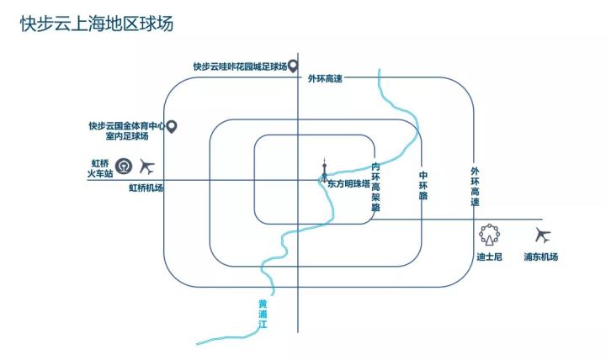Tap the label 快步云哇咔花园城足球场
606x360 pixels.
(x=239, y=66)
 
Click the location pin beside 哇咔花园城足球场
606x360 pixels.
(x=293, y=66)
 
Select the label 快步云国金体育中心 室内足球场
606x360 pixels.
(x=126, y=131)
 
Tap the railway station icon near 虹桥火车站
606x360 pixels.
(x=124, y=166)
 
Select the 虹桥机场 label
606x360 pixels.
(x=146, y=188)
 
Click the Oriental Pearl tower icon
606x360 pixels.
(x=323, y=171)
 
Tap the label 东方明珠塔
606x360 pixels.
(x=348, y=184)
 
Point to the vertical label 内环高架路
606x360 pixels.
(x=375, y=187)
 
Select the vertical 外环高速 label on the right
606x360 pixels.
(x=475, y=187)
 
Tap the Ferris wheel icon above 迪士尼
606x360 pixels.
(x=489, y=234)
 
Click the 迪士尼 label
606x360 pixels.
(x=489, y=257)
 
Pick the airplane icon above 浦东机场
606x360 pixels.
(x=542, y=236)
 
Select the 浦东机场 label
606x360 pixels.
(x=540, y=257)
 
